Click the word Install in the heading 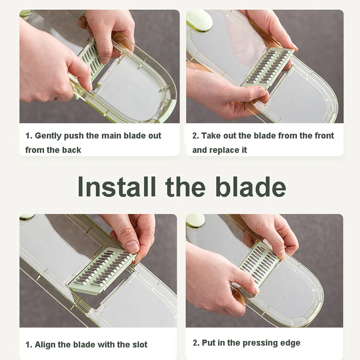(117, 186)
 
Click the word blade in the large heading (251, 186)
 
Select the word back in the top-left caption (72, 150)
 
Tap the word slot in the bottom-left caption (140, 345)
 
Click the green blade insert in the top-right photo (268, 68)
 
